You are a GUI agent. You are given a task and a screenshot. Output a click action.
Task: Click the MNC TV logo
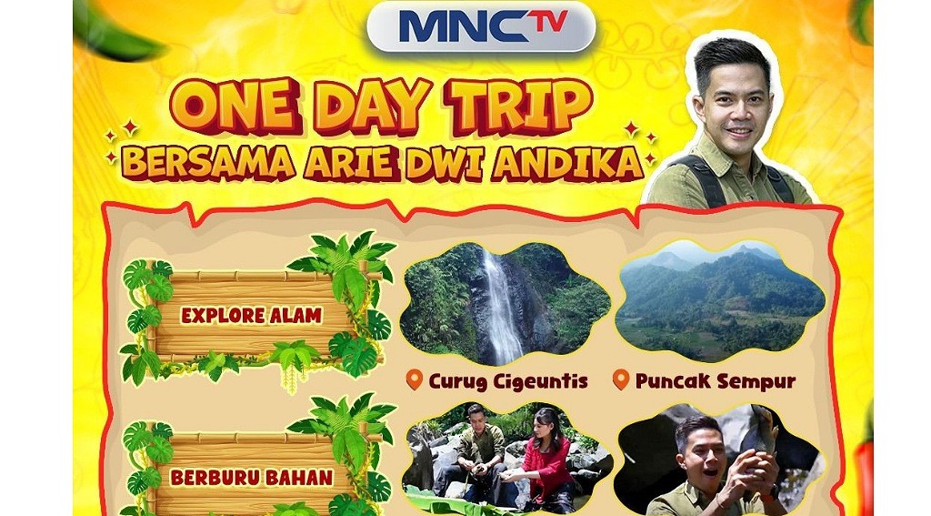coord(481,25)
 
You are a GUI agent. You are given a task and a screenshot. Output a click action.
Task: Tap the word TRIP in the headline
coord(522,106)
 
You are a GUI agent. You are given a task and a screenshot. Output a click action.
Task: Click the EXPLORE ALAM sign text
coord(251,317)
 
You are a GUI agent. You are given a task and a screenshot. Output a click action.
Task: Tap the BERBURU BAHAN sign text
coord(251,476)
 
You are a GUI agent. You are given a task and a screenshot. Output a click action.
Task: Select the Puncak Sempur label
coord(715,381)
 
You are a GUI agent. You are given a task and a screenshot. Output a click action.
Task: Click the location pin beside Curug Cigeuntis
coord(415,379)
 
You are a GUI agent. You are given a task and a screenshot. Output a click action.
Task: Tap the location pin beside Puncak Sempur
coord(621,379)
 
